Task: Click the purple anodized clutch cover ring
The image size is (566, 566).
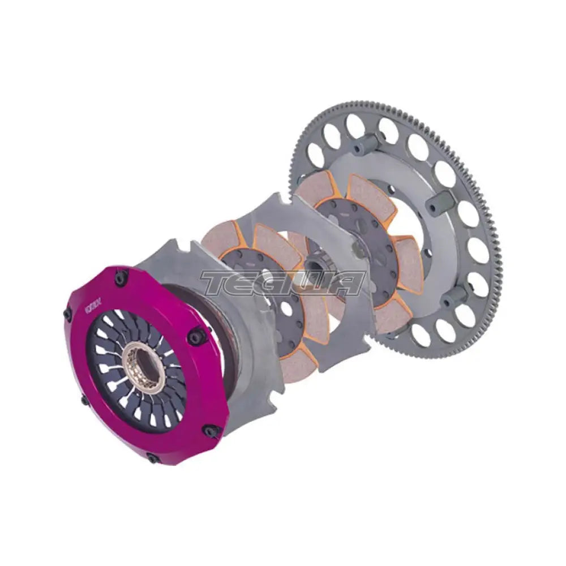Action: click(187, 408)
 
